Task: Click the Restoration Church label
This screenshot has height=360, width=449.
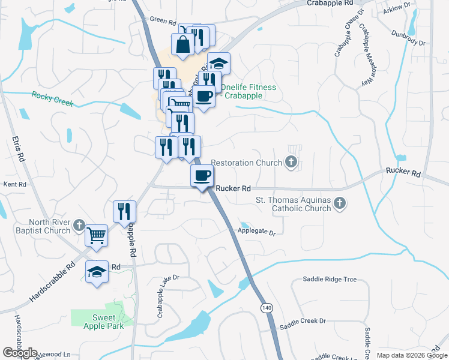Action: [x=246, y=163]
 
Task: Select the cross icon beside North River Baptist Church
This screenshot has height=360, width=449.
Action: [x=79, y=226]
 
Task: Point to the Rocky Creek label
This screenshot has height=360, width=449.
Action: [x=52, y=99]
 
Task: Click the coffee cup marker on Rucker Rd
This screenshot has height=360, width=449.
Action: [x=202, y=176]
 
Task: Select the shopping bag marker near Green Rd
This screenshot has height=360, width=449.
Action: [x=182, y=44]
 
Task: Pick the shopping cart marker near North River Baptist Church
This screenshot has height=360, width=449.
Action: [x=96, y=235]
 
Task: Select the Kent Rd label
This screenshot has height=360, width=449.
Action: [x=15, y=184]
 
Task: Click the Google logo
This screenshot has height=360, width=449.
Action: [x=20, y=353]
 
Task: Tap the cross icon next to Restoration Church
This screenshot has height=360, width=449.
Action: [x=291, y=162]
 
